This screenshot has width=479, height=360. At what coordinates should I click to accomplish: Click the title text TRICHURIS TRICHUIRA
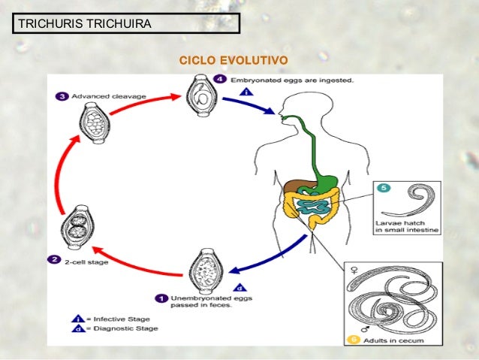point(84,24)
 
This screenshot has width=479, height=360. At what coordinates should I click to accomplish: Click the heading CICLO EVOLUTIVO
point(232,60)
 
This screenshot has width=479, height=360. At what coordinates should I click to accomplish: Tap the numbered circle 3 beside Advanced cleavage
point(62,95)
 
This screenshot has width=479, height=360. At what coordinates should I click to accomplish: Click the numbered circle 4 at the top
point(219,79)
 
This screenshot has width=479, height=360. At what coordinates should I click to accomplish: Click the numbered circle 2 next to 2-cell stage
point(54,260)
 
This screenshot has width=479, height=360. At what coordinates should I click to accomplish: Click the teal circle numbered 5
point(384,189)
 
